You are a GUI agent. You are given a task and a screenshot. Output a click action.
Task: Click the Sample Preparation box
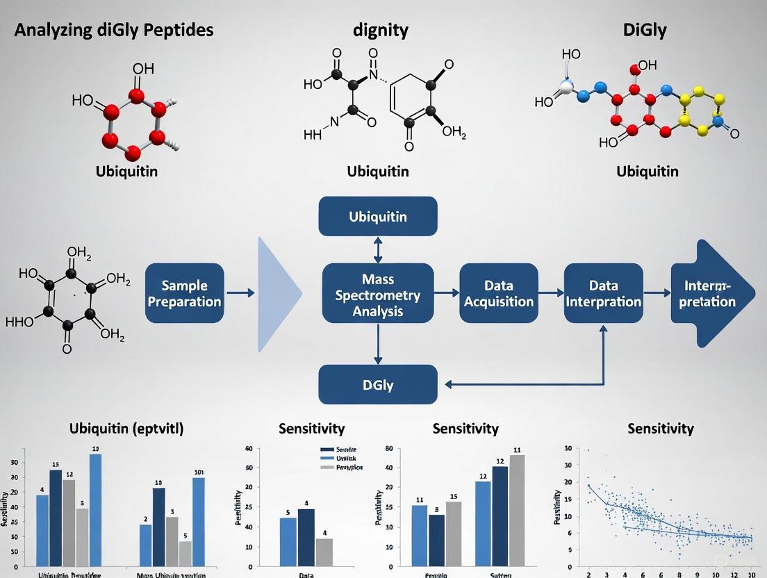coord(185,293)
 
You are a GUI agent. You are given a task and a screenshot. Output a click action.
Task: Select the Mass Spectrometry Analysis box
coord(378,295)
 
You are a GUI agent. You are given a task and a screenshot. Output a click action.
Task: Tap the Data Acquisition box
coord(498,293)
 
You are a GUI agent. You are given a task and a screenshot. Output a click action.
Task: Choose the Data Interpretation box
coord(603,293)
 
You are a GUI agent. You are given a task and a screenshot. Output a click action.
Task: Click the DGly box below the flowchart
coord(378,384)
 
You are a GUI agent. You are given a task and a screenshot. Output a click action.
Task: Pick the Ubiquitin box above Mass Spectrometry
coord(378,216)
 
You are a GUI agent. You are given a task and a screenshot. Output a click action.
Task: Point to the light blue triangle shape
coord(277,294)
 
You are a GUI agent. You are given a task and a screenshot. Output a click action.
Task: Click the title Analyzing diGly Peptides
coord(114,30)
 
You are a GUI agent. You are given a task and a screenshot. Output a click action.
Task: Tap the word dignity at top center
coord(380,30)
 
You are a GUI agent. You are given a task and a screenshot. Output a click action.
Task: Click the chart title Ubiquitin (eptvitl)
coord(126,428)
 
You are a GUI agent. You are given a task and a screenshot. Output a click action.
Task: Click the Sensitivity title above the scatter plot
coord(660,429)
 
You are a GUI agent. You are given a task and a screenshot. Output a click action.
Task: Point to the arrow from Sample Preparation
coord(240,294)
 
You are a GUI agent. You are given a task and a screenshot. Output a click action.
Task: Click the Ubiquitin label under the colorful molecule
coord(647,171)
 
